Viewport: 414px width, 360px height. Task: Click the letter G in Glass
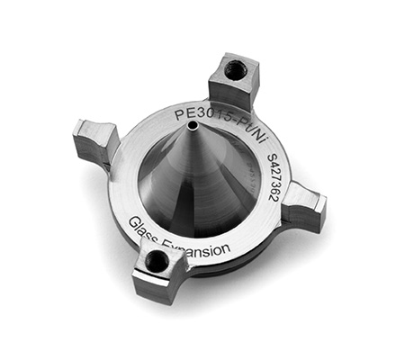tap(133, 220)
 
